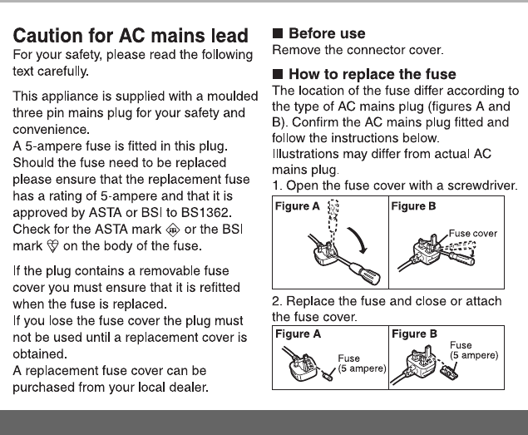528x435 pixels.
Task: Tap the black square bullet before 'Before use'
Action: tap(279, 34)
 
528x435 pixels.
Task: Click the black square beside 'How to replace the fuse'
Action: tap(279, 75)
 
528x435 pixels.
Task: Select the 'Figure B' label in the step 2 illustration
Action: tap(414, 334)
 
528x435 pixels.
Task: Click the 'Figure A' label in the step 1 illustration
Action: tap(299, 206)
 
